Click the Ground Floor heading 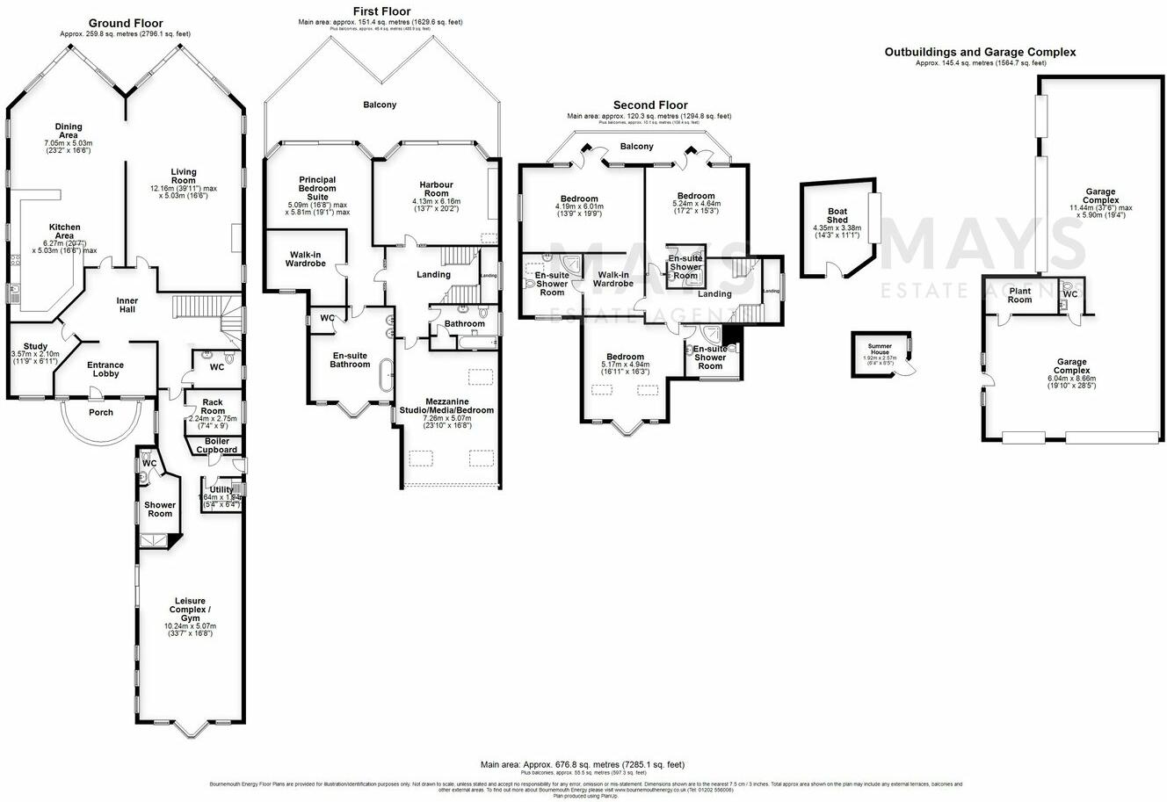[125, 24]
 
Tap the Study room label [35, 346]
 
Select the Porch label [101, 412]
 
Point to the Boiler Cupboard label [216, 445]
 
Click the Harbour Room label [436, 189]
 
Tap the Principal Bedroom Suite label [317, 189]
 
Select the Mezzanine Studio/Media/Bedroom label [446, 405]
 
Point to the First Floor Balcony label [380, 105]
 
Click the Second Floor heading [650, 105]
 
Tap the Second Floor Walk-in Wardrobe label [612, 278]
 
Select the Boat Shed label [837, 215]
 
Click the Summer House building [880, 355]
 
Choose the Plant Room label [1019, 295]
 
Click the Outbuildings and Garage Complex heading [980, 53]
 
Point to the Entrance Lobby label [105, 369]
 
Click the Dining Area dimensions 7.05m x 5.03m [69, 142]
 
